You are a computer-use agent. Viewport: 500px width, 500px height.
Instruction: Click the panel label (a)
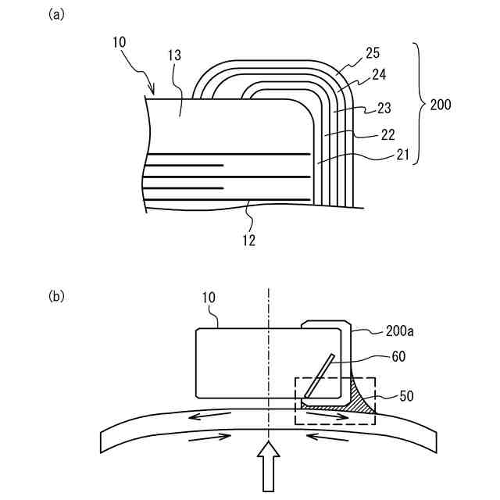tap(55, 15)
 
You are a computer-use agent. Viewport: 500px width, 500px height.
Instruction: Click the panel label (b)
tap(55, 296)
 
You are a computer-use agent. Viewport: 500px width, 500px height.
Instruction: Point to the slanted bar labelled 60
tap(318, 375)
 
